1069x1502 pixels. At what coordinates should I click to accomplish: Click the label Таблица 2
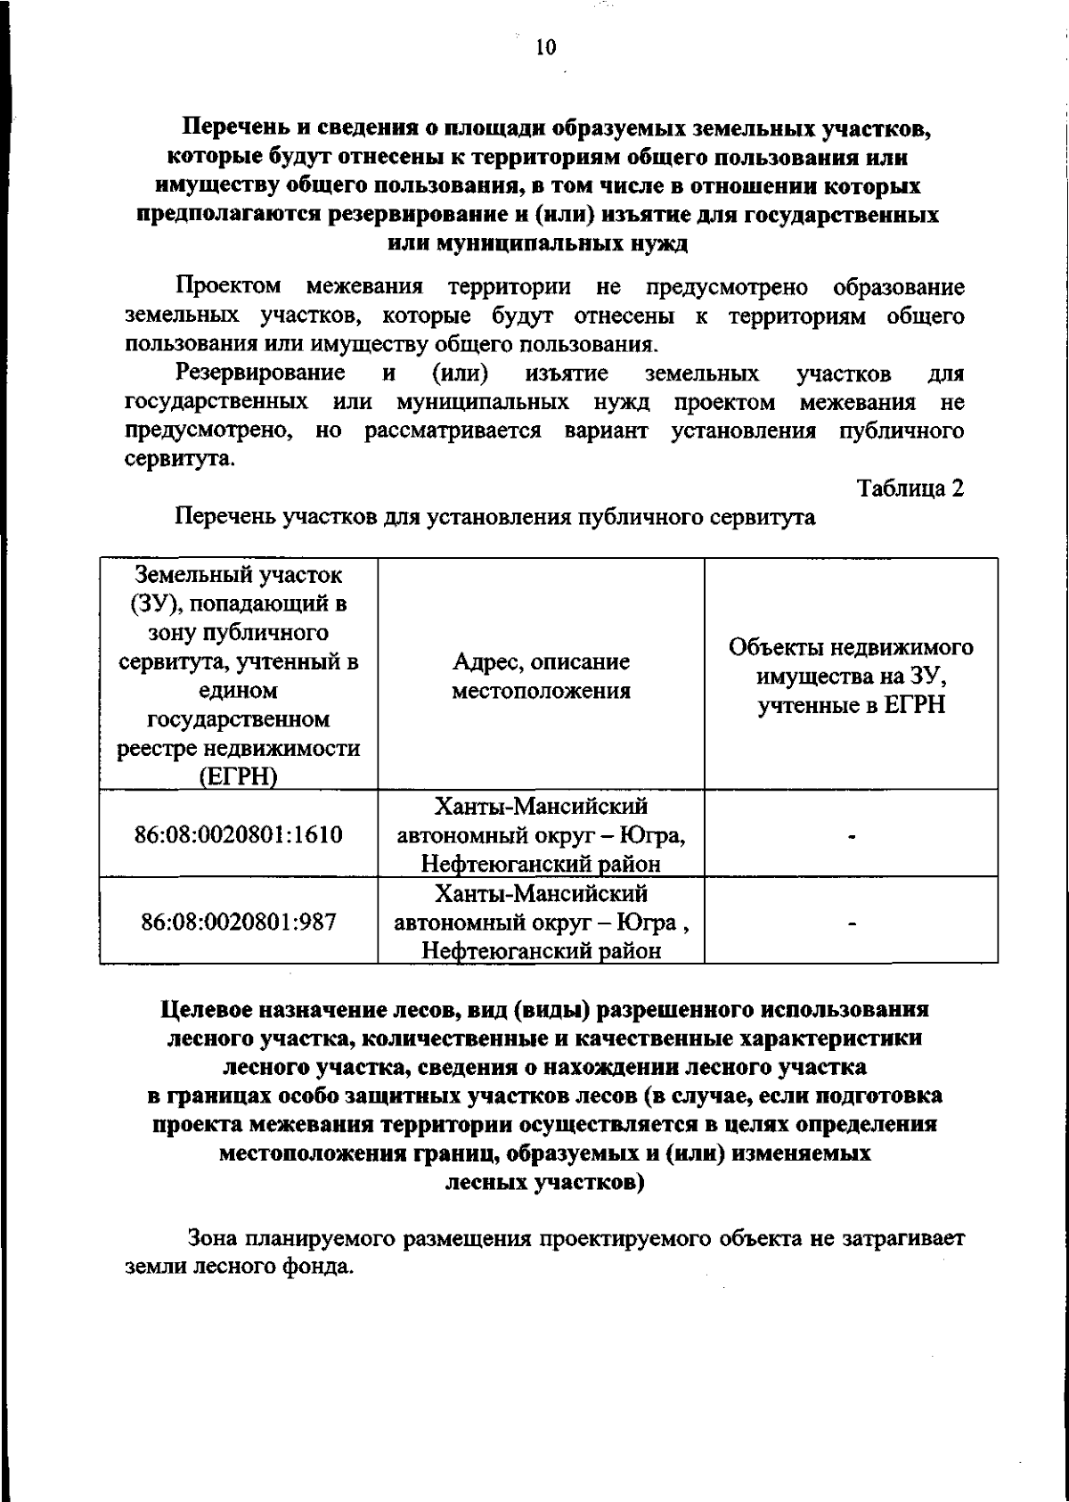click(x=910, y=488)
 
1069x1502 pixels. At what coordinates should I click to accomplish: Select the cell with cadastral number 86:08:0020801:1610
click(x=239, y=835)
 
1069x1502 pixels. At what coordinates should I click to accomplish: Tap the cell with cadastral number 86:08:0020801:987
click(x=239, y=922)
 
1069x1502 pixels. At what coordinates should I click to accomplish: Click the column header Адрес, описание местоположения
click(x=541, y=676)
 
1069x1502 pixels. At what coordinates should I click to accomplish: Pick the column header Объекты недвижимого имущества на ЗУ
click(x=851, y=676)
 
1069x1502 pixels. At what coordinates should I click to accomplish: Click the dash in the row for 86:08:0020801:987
click(x=852, y=924)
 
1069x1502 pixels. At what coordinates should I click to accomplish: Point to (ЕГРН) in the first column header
click(x=239, y=777)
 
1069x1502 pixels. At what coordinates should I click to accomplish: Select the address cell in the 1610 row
click(x=541, y=836)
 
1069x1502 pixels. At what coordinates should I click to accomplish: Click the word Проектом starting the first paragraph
click(x=228, y=288)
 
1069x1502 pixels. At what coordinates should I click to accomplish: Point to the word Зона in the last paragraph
click(x=214, y=1238)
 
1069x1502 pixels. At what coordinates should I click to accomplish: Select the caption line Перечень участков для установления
click(x=494, y=517)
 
